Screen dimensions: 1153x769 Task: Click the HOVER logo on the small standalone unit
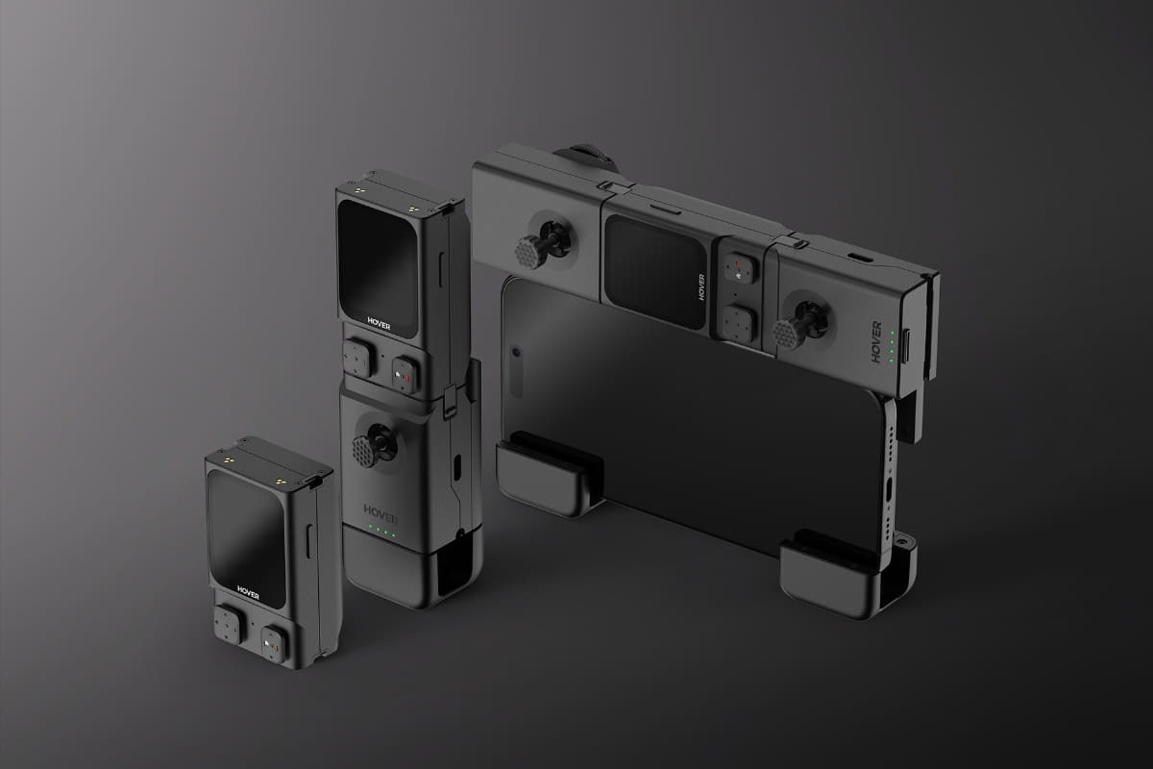[x=248, y=592]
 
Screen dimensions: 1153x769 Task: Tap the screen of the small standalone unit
[x=246, y=535]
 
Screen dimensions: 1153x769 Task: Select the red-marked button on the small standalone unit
[x=272, y=644]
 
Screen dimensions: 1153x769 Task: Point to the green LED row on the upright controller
[x=382, y=532]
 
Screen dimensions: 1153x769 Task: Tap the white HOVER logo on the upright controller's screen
[x=379, y=323]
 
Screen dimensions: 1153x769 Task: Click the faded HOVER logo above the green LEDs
[x=380, y=512]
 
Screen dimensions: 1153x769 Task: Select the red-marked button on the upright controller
[x=405, y=375]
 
